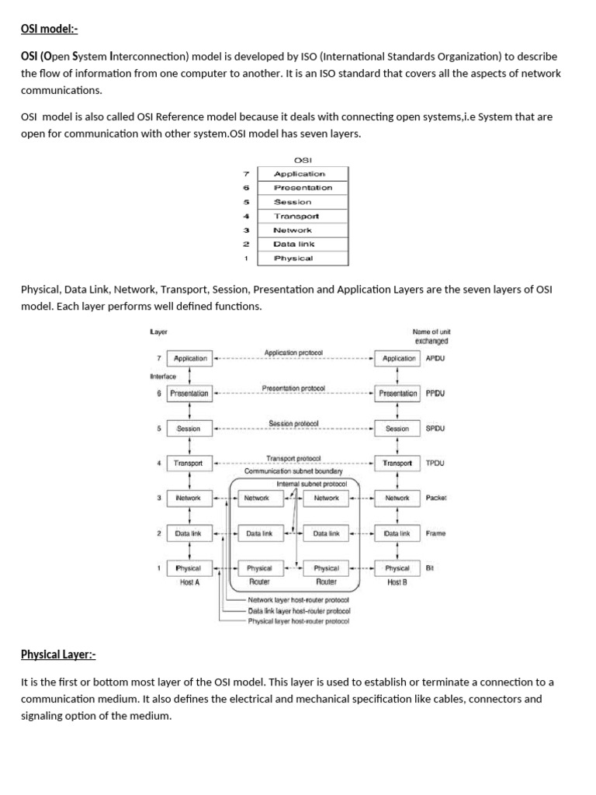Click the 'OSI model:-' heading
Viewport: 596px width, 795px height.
50,30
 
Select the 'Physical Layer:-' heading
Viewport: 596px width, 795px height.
58,654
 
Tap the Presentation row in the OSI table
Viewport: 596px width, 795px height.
303,188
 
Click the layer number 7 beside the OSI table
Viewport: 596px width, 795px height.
246,174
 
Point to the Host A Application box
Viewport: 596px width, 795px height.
190,359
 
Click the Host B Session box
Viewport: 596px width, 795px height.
397,429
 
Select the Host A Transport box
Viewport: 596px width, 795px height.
189,463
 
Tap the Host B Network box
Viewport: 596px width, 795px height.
397,498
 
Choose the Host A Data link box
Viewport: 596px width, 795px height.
189,533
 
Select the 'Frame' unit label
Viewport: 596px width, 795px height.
435,533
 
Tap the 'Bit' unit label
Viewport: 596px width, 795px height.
430,568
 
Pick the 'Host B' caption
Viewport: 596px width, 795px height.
397,582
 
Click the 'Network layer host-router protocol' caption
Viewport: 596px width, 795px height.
299,600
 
